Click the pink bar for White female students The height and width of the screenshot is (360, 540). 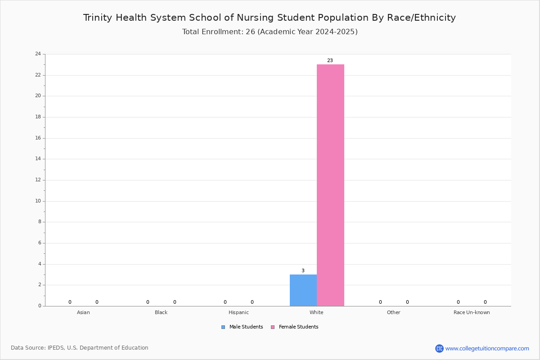pyautogui.click(x=330, y=185)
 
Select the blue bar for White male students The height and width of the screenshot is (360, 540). pyautogui.click(x=303, y=290)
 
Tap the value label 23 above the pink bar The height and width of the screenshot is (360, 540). pyautogui.click(x=330, y=60)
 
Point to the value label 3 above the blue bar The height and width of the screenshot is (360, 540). pyautogui.click(x=303, y=270)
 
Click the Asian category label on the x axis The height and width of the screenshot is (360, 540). pyautogui.click(x=83, y=312)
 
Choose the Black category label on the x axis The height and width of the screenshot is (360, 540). pyautogui.click(x=161, y=312)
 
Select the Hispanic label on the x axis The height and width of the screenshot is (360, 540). pyautogui.click(x=238, y=312)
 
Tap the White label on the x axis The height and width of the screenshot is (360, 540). pyautogui.click(x=316, y=312)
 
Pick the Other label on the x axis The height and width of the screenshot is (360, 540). pyautogui.click(x=393, y=312)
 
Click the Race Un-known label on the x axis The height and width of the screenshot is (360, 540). pyautogui.click(x=472, y=312)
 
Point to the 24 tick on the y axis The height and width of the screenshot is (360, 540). pyautogui.click(x=38, y=54)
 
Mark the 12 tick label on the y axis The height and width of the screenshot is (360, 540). pyautogui.click(x=38, y=180)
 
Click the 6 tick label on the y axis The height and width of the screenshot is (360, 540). pyautogui.click(x=40, y=243)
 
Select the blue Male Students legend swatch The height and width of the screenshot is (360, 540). pyautogui.click(x=223, y=327)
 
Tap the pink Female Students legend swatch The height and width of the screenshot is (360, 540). pyautogui.click(x=273, y=327)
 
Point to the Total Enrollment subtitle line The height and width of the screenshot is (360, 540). pyautogui.click(x=270, y=32)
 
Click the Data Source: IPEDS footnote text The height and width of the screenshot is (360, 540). pyautogui.click(x=80, y=348)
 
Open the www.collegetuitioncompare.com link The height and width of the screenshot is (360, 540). pyautogui.click(x=487, y=348)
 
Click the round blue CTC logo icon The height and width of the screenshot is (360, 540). pyautogui.click(x=439, y=348)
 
